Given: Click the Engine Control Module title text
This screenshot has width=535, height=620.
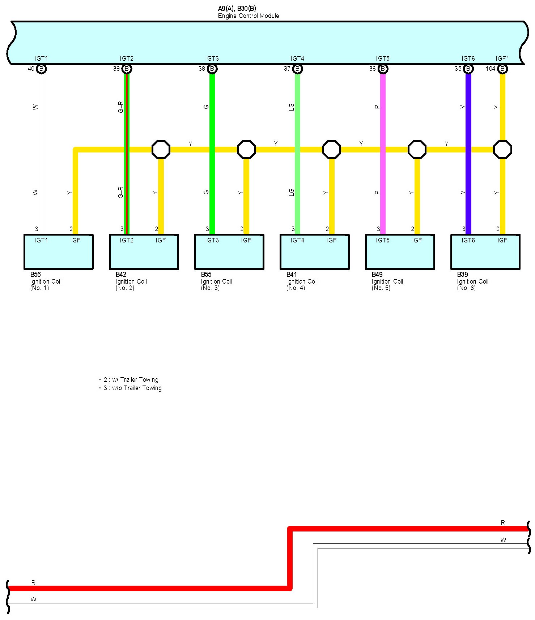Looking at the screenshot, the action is pyautogui.click(x=249, y=16).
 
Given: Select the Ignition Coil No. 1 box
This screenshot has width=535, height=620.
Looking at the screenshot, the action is pyautogui.click(x=59, y=252).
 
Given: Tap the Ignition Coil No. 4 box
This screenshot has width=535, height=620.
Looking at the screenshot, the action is pyautogui.click(x=315, y=252).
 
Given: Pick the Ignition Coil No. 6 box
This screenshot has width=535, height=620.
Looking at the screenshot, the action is pyautogui.click(x=485, y=252).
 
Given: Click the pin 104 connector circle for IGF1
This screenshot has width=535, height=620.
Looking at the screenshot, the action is pyautogui.click(x=502, y=69).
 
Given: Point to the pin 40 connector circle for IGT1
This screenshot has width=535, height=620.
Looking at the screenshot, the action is pyautogui.click(x=42, y=69).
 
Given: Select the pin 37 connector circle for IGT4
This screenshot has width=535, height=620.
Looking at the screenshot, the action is pyautogui.click(x=298, y=69).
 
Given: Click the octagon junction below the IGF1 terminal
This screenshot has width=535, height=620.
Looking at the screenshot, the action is pyautogui.click(x=502, y=150).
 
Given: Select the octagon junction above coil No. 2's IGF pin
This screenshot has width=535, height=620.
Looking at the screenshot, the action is pyautogui.click(x=161, y=150).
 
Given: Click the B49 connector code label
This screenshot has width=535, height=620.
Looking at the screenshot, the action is pyautogui.click(x=377, y=275).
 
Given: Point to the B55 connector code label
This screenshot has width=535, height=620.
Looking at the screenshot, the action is pyautogui.click(x=206, y=275).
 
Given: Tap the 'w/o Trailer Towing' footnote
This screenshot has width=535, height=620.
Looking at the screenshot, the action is pyautogui.click(x=130, y=388).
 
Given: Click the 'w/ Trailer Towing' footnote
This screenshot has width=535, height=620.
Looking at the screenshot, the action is pyautogui.click(x=129, y=380).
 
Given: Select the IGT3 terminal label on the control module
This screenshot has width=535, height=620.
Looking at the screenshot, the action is pyautogui.click(x=212, y=59).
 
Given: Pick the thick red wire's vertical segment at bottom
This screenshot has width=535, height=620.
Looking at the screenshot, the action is pyautogui.click(x=290, y=558).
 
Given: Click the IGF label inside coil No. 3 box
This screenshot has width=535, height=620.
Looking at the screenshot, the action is pyautogui.click(x=246, y=240).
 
